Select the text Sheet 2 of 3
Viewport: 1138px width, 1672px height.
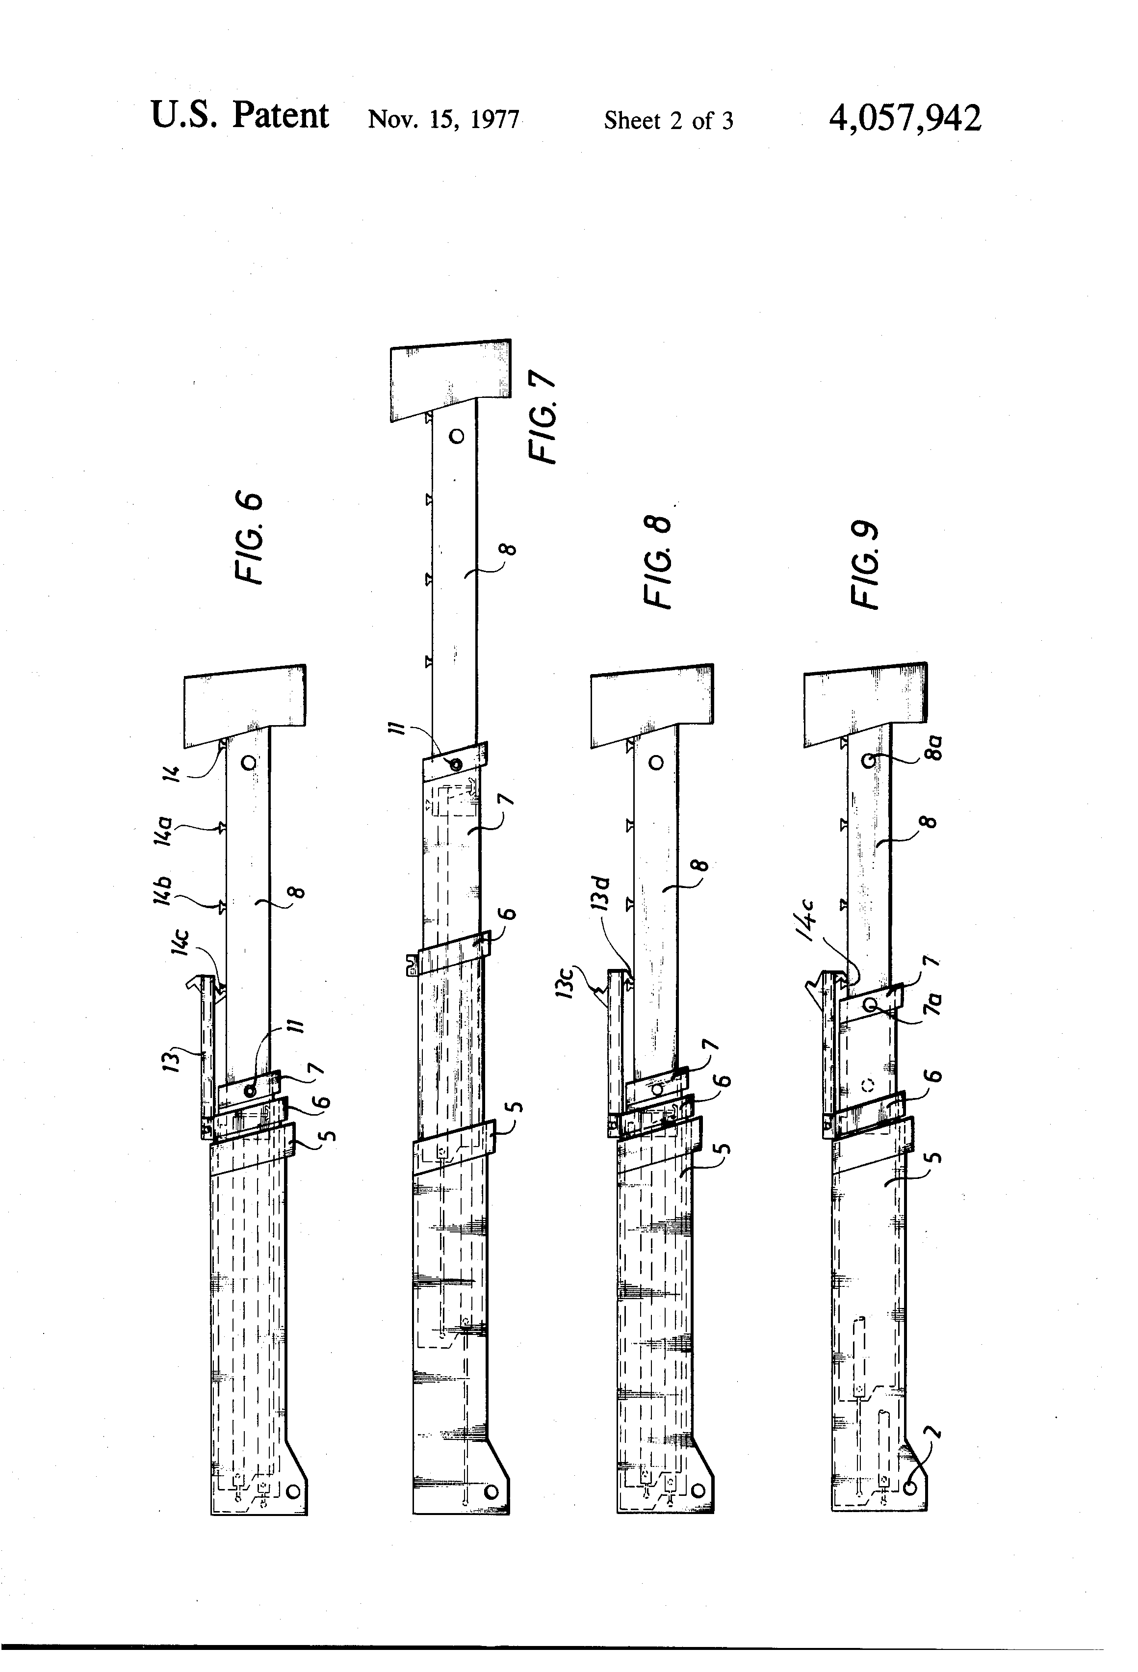point(668,121)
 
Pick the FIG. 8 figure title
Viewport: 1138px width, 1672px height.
point(657,563)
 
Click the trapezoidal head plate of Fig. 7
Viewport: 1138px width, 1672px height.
point(451,379)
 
